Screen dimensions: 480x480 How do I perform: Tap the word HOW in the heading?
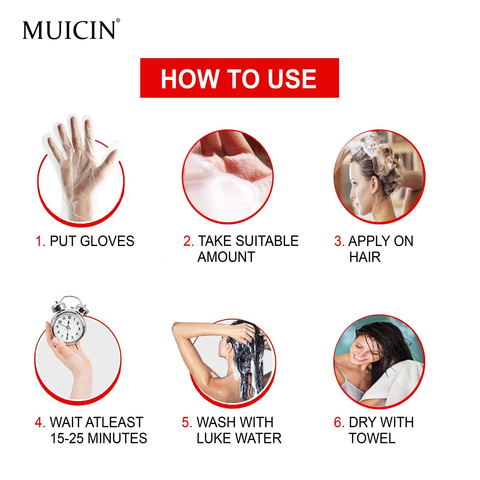[x=189, y=79]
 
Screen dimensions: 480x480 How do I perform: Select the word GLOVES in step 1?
[x=107, y=241]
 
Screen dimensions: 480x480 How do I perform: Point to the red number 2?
[x=188, y=241]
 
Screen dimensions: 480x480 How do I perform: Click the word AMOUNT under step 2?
[x=226, y=257]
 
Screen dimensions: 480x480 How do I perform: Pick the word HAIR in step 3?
[x=365, y=257]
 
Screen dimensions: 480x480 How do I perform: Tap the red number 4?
[x=40, y=422]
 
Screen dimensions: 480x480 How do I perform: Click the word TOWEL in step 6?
[x=372, y=438]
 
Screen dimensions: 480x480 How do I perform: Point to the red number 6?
[x=339, y=422]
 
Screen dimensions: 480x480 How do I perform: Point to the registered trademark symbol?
[x=118, y=20]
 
